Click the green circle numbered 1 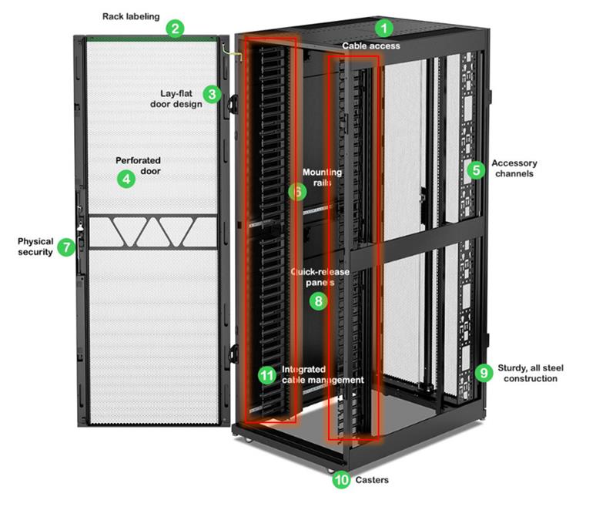click(383, 29)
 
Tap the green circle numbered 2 click(175, 29)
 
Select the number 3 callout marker click(213, 94)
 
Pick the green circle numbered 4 click(126, 180)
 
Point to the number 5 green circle click(476, 170)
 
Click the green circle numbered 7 click(66, 247)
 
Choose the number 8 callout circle click(318, 301)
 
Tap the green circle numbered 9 click(484, 372)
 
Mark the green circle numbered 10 click(341, 479)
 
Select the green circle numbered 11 click(267, 375)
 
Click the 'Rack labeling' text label click(131, 16)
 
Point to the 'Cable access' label click(371, 46)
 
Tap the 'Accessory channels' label click(514, 168)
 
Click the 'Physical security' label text click(35, 247)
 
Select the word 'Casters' click(372, 480)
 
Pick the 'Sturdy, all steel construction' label click(531, 374)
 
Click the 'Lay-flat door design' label click(176, 99)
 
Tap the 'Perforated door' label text click(139, 166)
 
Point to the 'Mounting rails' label click(322, 177)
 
